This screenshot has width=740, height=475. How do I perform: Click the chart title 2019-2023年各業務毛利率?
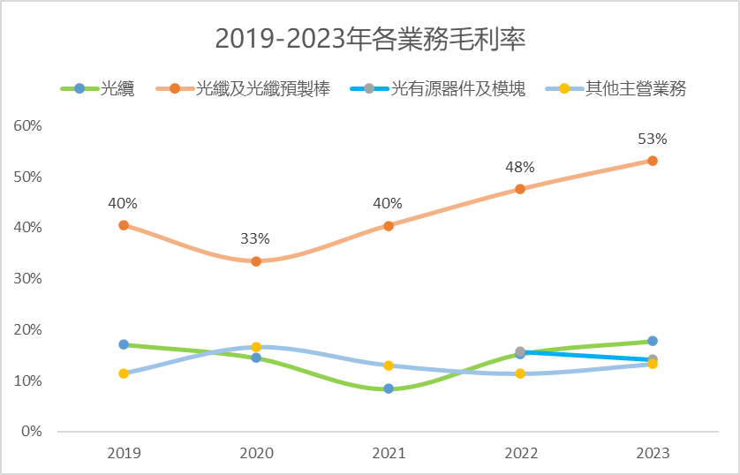pyautogui.click(x=370, y=40)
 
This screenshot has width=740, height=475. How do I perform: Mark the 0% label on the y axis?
pyautogui.click(x=32, y=432)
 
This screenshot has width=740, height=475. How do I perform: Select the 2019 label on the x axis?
pyautogui.click(x=124, y=453)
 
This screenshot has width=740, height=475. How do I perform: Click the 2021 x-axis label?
pyautogui.click(x=389, y=453)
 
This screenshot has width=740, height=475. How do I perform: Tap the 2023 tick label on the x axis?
pyautogui.click(x=653, y=453)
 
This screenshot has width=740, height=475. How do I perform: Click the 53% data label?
pyautogui.click(x=653, y=139)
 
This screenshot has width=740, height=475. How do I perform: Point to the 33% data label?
pyautogui.click(x=256, y=238)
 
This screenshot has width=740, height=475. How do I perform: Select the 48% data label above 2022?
pyautogui.click(x=520, y=167)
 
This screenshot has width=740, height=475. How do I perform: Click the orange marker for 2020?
pyautogui.click(x=256, y=261)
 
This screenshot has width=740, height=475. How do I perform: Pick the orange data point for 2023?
pyautogui.click(x=653, y=161)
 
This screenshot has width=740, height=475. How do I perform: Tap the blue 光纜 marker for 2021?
pyautogui.click(x=389, y=388)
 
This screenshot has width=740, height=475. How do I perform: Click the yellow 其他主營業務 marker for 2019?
pyautogui.click(x=124, y=373)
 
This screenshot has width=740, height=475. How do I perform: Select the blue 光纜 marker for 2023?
pyautogui.click(x=653, y=341)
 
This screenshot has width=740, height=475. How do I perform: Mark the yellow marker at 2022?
pyautogui.click(x=520, y=373)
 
